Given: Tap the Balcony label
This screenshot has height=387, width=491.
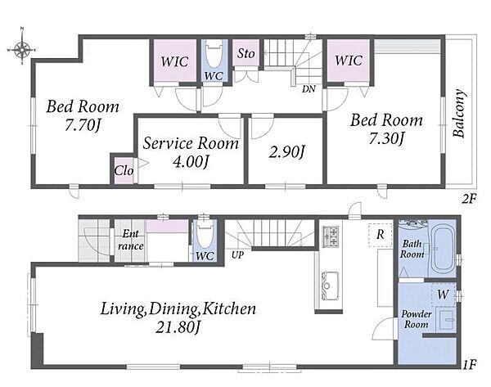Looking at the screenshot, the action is (x=459, y=114).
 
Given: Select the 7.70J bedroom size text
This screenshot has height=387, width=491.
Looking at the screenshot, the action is (x=83, y=126).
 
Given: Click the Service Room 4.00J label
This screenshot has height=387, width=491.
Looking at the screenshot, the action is (x=191, y=152).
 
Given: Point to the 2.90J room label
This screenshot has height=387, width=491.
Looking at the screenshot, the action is (x=287, y=152).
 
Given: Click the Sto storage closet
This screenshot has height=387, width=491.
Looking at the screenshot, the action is (x=246, y=52).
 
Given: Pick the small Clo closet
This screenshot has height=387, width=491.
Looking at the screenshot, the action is (x=124, y=170).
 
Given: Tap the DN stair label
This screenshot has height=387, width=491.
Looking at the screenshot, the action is (x=309, y=89).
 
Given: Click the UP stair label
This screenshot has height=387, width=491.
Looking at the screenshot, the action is (x=237, y=255).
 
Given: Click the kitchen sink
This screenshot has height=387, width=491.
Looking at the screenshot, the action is (x=330, y=286).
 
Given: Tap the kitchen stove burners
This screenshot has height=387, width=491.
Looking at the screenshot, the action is (x=331, y=236).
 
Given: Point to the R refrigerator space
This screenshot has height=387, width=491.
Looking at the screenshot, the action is (x=381, y=235).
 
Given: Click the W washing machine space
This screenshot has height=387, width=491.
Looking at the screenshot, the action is (x=443, y=295).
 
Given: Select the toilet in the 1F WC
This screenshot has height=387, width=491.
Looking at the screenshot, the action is (x=205, y=234).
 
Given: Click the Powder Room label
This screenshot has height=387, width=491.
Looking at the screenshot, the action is (x=417, y=319).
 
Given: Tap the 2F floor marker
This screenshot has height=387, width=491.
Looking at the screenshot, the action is (x=469, y=199).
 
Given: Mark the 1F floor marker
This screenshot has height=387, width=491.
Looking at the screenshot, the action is (x=470, y=364).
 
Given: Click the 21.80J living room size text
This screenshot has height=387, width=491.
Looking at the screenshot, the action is (x=178, y=327).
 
